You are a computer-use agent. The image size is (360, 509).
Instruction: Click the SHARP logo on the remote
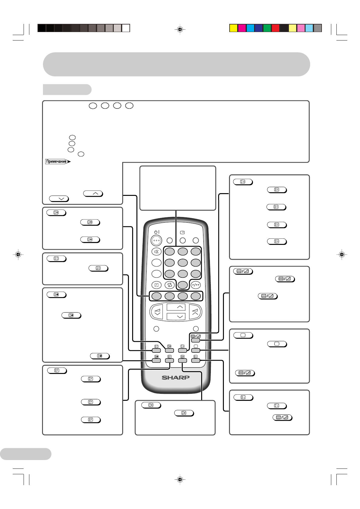point(175,378)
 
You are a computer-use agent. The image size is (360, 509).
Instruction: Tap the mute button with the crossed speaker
point(156,251)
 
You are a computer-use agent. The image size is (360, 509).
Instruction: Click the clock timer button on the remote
point(156,285)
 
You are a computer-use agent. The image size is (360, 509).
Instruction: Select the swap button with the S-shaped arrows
point(169,285)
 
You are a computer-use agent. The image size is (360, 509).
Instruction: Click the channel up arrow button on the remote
point(176,307)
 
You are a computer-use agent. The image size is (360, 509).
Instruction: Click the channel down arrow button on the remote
point(176,316)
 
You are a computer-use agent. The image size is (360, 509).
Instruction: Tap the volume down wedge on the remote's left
point(157,312)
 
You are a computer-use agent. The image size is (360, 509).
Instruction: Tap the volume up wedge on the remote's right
point(195,312)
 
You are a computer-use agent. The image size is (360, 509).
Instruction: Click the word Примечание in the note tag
point(57,161)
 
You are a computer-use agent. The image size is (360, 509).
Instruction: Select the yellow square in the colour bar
point(233,28)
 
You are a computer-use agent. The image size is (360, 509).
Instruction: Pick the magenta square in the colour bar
point(242,28)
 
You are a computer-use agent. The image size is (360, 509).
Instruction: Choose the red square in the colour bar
point(275,28)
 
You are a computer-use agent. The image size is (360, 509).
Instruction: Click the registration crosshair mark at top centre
point(180,29)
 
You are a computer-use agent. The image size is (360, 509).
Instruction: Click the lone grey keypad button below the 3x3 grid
point(183,285)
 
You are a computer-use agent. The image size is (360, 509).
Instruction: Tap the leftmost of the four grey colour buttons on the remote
point(156,296)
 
